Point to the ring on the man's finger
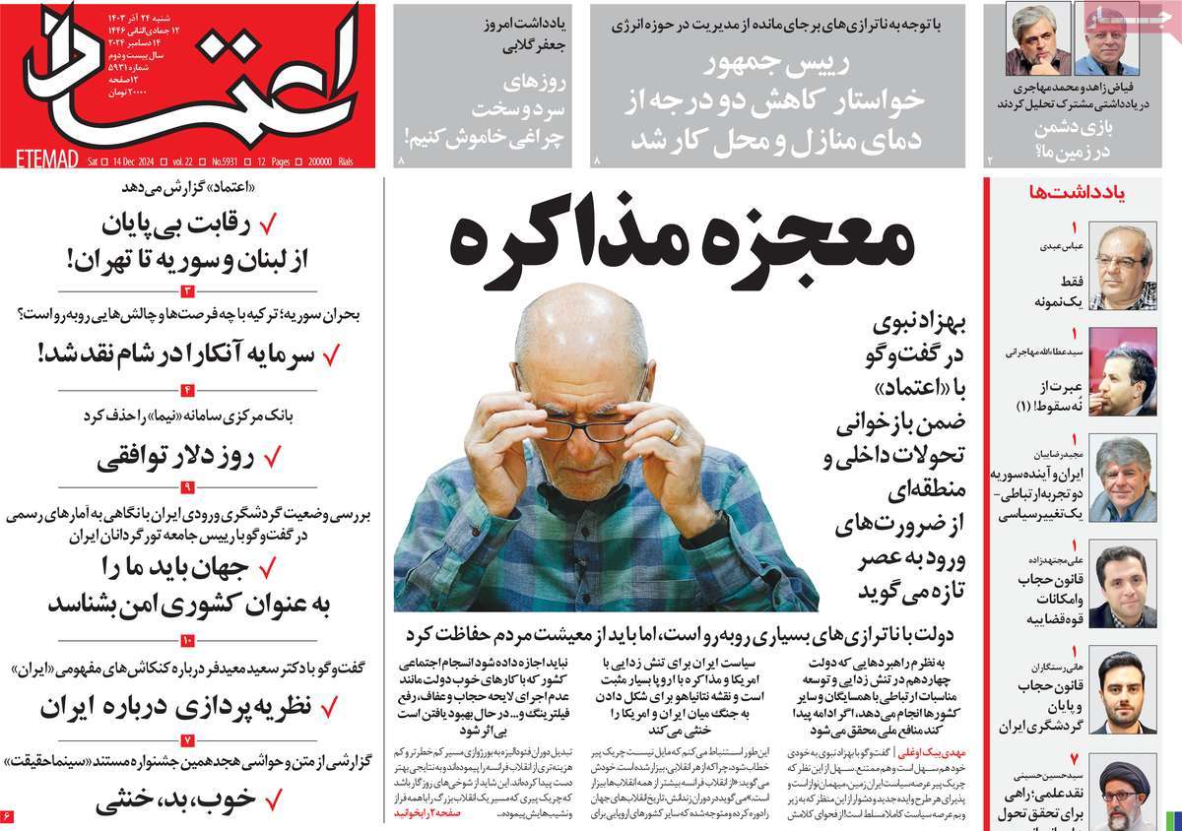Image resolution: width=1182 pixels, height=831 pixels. click(675, 432)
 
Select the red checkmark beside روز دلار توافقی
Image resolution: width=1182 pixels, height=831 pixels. click(274, 458)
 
